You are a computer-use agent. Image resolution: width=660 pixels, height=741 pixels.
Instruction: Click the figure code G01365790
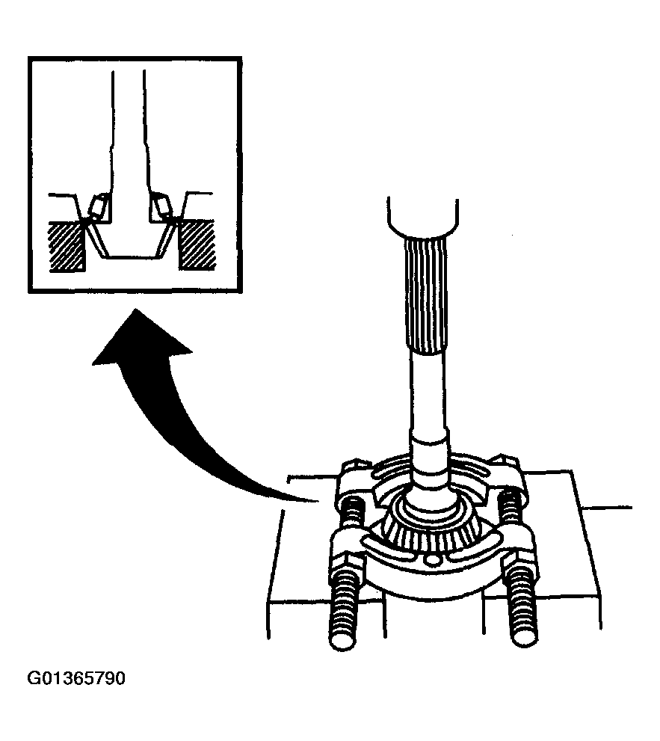[76, 679]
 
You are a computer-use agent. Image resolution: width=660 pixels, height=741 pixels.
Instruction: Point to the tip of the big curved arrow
[135, 309]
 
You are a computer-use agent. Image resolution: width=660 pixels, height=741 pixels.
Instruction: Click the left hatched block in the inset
[67, 246]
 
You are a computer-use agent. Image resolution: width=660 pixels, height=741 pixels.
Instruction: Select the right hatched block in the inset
[197, 245]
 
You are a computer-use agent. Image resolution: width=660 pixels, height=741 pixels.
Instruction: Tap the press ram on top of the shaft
[422, 218]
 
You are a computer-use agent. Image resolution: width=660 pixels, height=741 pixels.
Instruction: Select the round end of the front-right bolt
[525, 636]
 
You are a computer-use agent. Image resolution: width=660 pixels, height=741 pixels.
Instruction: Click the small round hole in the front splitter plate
[430, 561]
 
